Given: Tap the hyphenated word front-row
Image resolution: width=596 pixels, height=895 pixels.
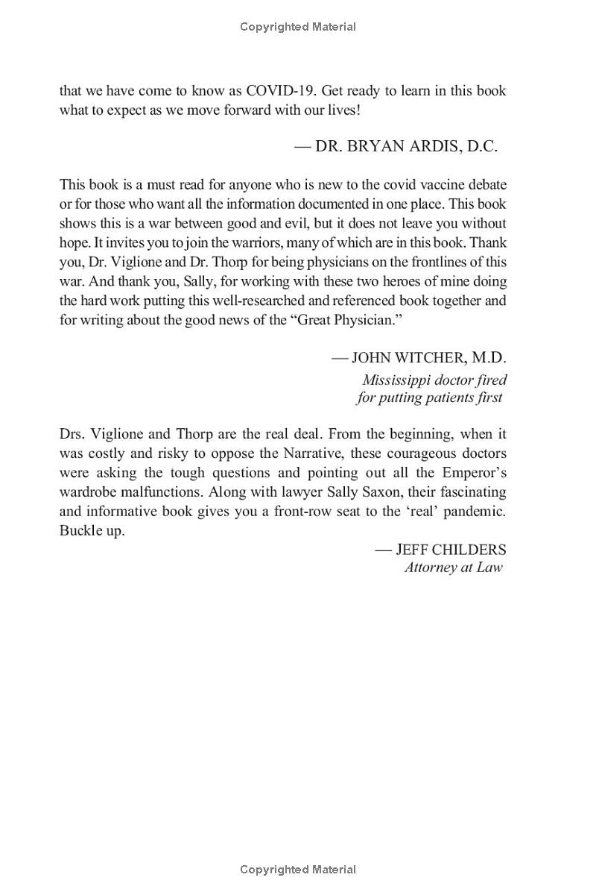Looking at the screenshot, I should pos(316,512).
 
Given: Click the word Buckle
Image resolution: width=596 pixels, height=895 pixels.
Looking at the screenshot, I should pos(80,531).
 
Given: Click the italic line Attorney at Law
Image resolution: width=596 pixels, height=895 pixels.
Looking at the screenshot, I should pos(453,568).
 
